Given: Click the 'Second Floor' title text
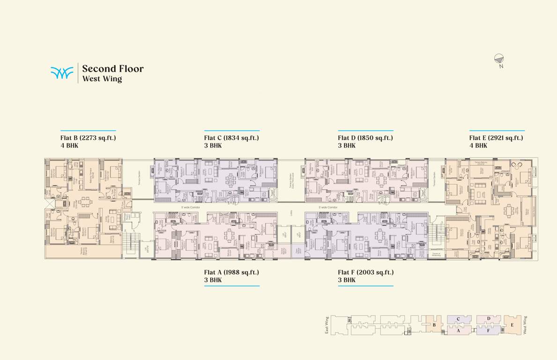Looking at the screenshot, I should [x=112, y=69].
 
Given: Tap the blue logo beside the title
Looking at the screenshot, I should [x=62, y=73].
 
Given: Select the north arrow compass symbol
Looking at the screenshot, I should [x=499, y=59].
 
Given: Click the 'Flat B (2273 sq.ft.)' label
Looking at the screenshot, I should [x=88, y=138].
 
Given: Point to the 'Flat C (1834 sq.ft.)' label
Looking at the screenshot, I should [x=231, y=138].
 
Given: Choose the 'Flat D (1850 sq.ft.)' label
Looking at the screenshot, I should [x=365, y=138].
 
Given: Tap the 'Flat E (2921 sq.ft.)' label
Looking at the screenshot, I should [x=496, y=138].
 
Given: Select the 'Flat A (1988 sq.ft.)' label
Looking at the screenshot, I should [x=231, y=272].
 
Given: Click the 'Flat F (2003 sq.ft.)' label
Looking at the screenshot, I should [x=365, y=272].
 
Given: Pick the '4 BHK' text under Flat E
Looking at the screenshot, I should [x=478, y=146].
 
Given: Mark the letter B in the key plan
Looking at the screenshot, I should [x=434, y=325].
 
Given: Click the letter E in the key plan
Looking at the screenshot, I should [x=512, y=325].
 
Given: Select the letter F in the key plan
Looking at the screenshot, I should [x=488, y=330].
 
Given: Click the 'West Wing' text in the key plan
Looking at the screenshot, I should [x=525, y=324].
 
